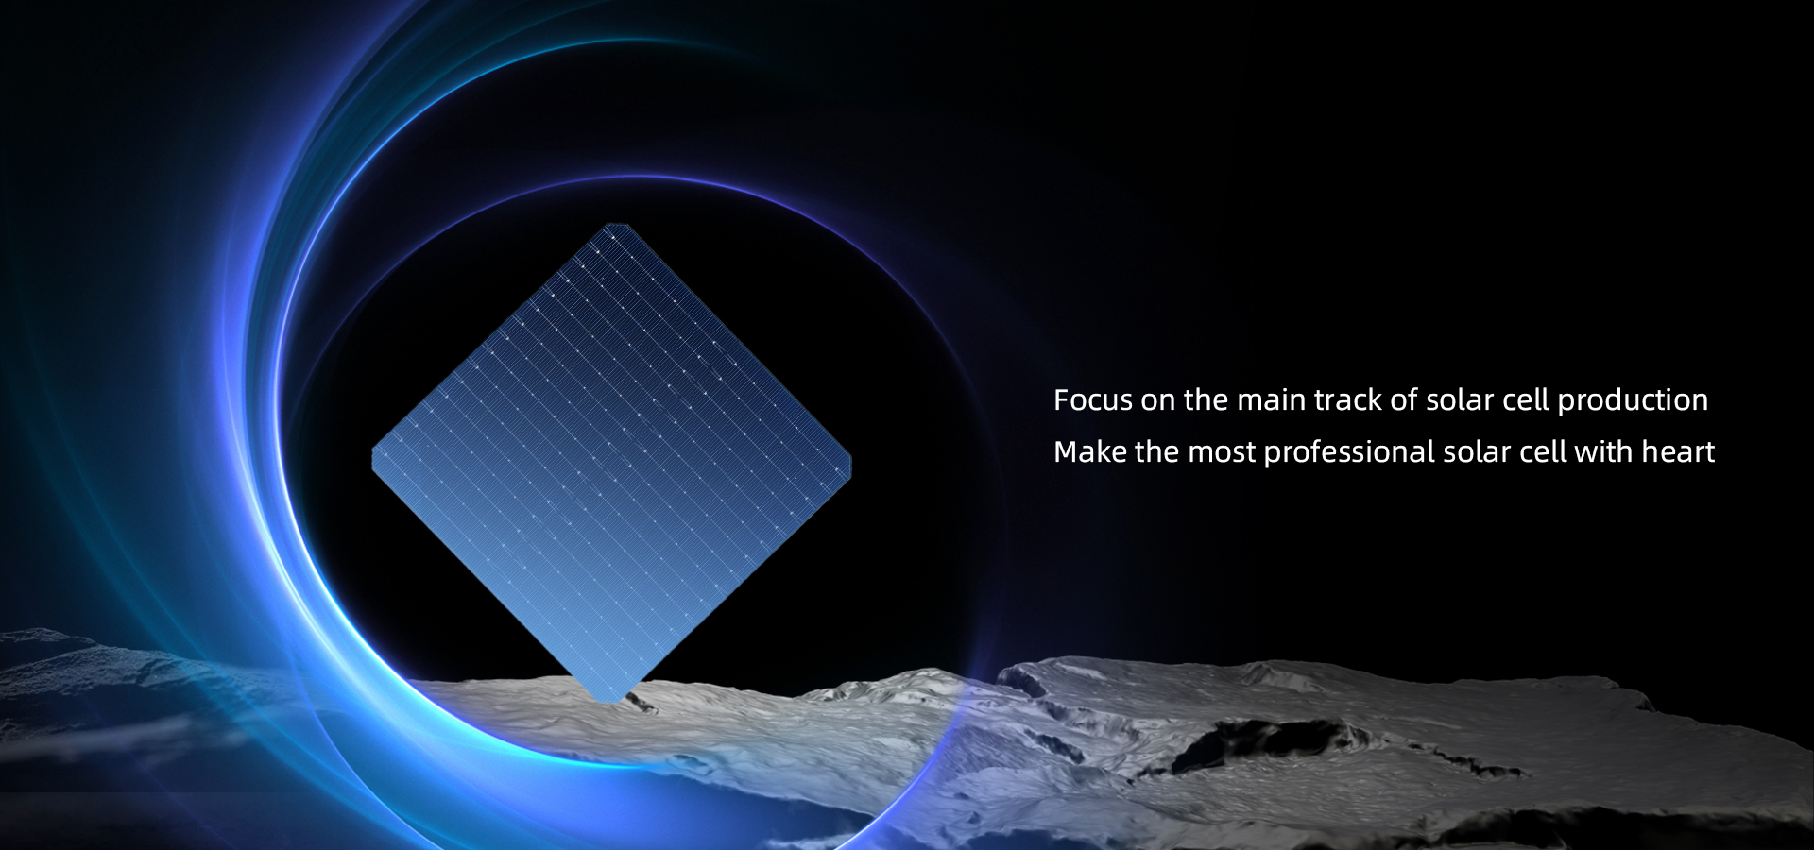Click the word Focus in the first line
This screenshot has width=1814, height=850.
tap(1092, 400)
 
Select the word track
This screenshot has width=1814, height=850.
tap(1348, 400)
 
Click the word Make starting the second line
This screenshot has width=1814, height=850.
tap(1090, 452)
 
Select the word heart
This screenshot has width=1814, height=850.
tap(1678, 452)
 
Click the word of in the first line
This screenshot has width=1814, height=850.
tap(1404, 400)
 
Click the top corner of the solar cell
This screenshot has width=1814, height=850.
tap(616, 227)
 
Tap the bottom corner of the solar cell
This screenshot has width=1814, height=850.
tap(608, 699)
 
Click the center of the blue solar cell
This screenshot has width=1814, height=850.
tap(612, 462)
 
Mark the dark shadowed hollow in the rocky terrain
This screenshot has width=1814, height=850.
tap(1257, 741)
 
